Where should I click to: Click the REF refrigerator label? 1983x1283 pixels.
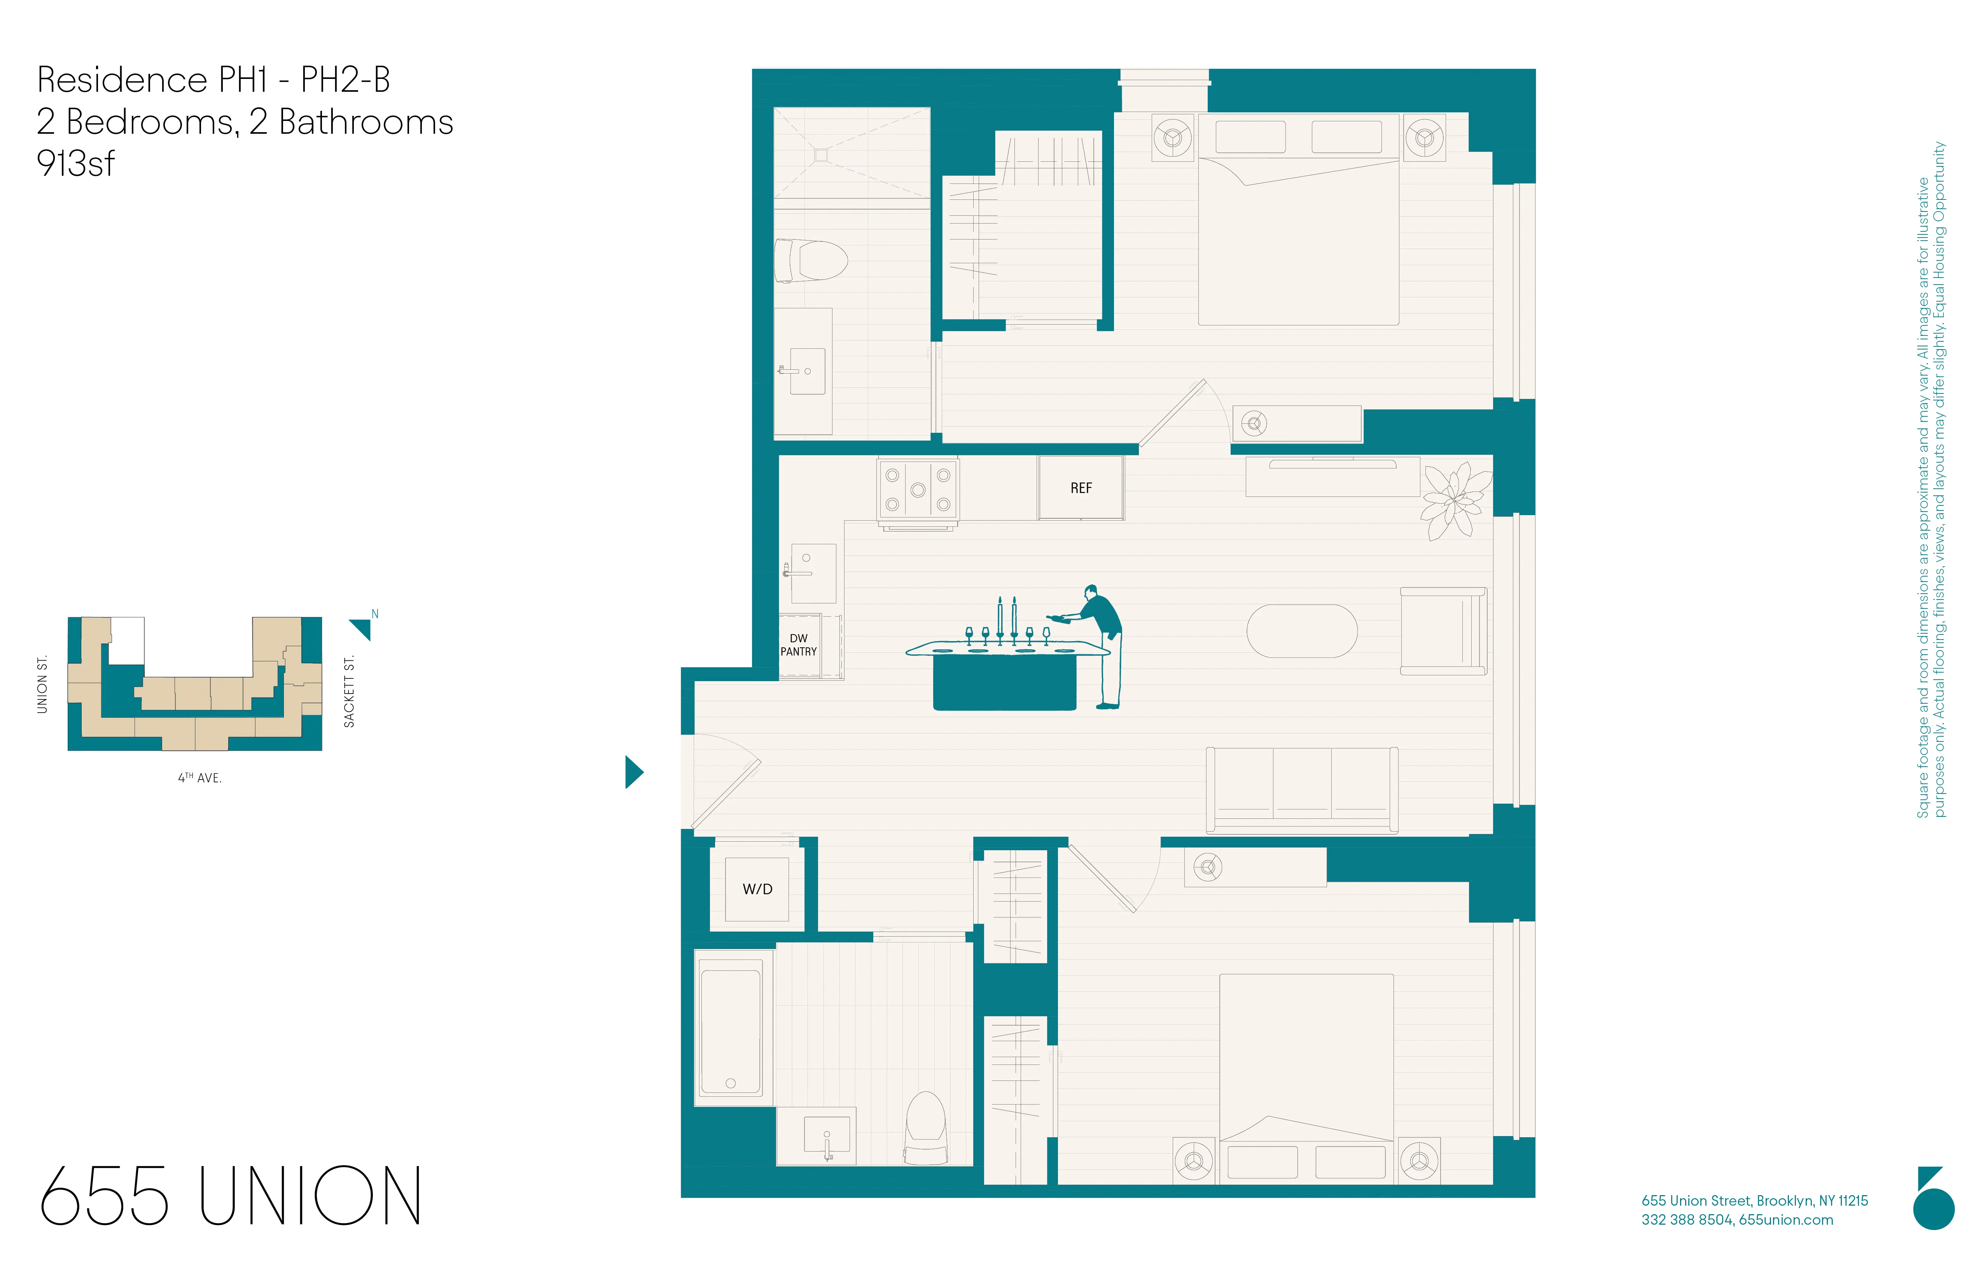coord(1081,488)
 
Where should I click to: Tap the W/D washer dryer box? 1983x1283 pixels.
coord(757,889)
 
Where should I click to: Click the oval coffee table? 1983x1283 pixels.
coord(1301,631)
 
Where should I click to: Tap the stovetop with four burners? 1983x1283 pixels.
coord(917,490)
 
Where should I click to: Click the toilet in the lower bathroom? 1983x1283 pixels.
coord(926,1129)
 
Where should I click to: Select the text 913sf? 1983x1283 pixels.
coord(76,163)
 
